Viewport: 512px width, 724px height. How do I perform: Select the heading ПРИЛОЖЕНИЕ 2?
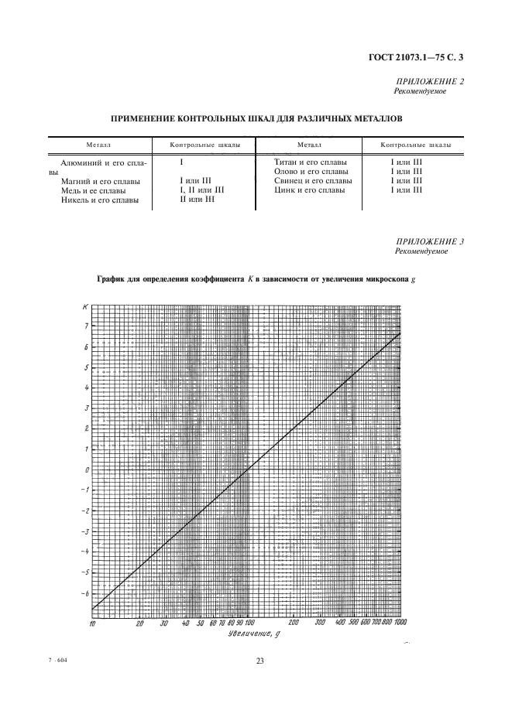coord(429,81)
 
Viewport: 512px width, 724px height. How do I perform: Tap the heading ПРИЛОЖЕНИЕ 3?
coord(429,241)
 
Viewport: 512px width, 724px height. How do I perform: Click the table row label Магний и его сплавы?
coord(98,180)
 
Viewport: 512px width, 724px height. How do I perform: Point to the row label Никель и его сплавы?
coord(100,200)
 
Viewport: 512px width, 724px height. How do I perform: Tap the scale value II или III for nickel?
coord(197,199)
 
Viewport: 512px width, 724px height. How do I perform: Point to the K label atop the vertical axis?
coord(84,307)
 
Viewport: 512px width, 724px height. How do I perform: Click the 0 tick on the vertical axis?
coord(88,470)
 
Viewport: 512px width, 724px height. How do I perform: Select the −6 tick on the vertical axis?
coord(85,593)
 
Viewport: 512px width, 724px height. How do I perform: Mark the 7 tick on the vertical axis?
coord(87,326)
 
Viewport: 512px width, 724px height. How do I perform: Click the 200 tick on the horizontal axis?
coord(294,622)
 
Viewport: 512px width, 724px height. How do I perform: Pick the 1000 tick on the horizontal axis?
coord(400,622)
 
